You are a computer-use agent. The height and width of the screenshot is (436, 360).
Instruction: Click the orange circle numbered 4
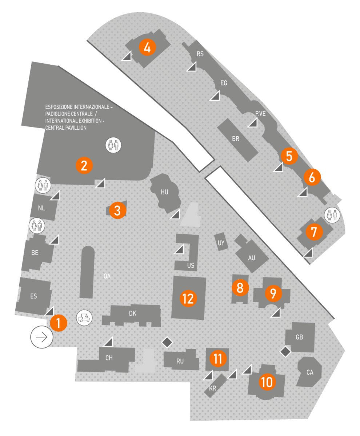coord(147,47)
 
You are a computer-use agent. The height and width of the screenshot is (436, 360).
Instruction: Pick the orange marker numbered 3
coord(117,210)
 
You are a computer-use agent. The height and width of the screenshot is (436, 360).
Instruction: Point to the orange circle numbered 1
coord(59,323)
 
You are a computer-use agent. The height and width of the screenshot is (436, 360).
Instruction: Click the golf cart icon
coord(84,318)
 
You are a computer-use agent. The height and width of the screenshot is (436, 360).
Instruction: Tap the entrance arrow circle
coord(42,337)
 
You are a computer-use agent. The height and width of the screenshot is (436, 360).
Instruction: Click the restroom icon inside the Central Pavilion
coord(113,145)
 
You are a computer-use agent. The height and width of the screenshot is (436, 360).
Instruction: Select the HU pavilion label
coord(164,192)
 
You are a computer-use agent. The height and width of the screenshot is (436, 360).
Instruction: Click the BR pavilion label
coord(235,139)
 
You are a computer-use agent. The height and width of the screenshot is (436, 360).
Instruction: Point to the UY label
coord(221,243)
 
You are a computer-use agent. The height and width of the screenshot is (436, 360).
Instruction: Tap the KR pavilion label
coord(212,388)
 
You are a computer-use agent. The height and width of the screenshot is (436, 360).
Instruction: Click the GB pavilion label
coord(299,337)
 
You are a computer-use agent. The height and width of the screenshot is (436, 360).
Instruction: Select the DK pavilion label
coord(132,313)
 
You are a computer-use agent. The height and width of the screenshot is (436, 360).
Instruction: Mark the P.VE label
coord(260,114)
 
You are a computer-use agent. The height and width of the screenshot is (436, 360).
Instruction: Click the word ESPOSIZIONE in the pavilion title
coord(59,107)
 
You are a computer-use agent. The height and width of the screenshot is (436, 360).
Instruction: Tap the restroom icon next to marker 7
coord(332,215)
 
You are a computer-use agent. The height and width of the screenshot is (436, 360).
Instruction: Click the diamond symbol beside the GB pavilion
coord(285,352)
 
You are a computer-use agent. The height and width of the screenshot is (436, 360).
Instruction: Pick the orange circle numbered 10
coord(267,382)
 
